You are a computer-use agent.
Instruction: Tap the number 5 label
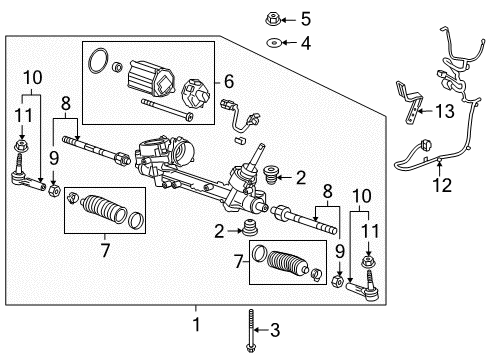click(x=305, y=19)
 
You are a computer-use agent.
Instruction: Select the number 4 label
click(x=305, y=43)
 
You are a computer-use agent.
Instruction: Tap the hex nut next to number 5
click(x=274, y=19)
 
